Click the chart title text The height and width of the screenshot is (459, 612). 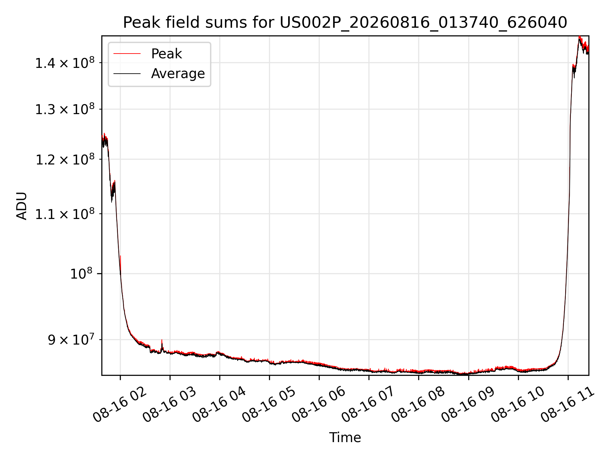(x=345, y=23)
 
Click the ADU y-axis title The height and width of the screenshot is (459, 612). (x=22, y=206)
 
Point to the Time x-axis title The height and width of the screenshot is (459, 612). (x=345, y=437)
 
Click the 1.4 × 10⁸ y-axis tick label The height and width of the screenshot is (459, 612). (x=65, y=63)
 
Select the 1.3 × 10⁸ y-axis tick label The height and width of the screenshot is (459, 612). (x=65, y=109)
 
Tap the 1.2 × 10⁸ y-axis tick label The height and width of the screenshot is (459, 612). (x=65, y=159)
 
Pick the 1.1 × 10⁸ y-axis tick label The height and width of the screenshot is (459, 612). (x=65, y=214)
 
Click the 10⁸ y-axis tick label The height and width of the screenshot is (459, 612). (x=81, y=273)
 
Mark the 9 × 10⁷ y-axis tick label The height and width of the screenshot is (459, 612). (x=71, y=339)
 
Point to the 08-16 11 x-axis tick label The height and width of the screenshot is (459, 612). (x=567, y=405)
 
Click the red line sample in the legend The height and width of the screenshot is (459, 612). (x=127, y=54)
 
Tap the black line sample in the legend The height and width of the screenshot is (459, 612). (x=127, y=74)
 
